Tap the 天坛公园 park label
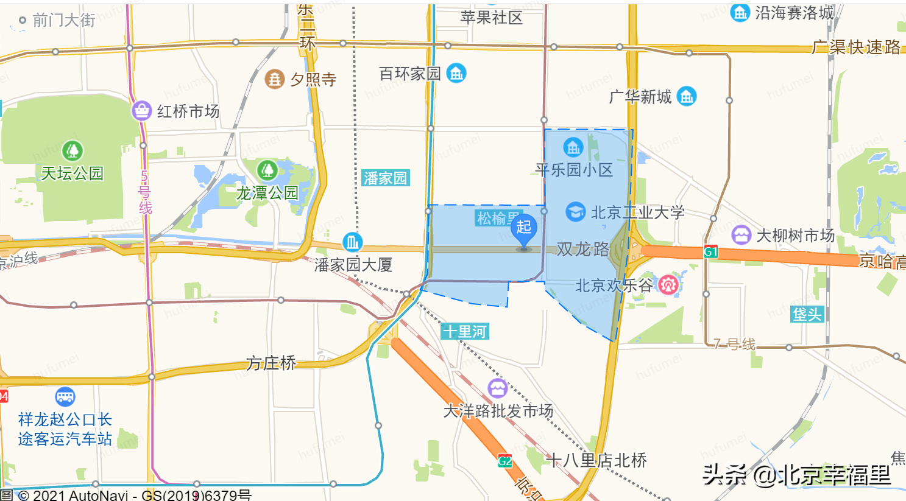pos(72,173)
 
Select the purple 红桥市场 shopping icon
pos(141,111)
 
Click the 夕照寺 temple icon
pos(274,79)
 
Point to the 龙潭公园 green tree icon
pos(267,170)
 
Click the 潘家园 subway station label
pos(385,178)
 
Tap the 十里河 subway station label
pos(465,332)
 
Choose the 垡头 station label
pos(807,314)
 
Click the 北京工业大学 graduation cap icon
pos(575,212)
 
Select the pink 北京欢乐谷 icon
pos(668,284)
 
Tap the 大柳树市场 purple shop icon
pos(741,235)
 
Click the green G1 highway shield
pos(710,252)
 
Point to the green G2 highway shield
pos(505,461)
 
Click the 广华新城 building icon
pos(687,96)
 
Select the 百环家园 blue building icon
pos(456,74)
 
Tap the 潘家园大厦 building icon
pos(352,242)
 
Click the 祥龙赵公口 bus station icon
pos(65,397)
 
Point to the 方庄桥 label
pos(271,363)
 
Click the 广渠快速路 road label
pos(856,47)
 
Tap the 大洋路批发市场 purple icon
pos(497,388)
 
